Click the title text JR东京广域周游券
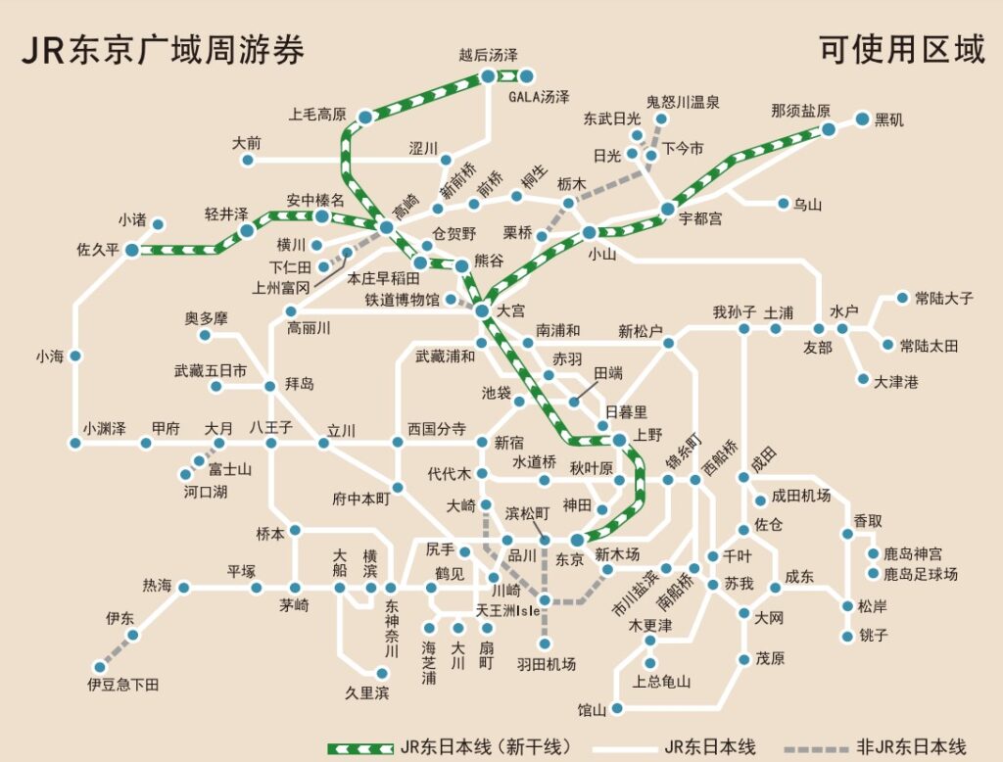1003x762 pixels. coord(163,50)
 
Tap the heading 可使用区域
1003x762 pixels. coord(902,50)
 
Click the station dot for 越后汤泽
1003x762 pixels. coord(489,74)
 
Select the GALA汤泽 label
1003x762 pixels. coord(539,97)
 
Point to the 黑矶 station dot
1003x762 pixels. coord(862,119)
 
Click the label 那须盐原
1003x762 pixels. coord(800,110)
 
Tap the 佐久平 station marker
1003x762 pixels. coord(131,250)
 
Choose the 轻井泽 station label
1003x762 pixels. coord(226,214)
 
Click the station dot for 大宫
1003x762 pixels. coord(482,310)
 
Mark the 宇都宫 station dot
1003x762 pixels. coord(667,209)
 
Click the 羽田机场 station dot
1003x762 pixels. coord(546,643)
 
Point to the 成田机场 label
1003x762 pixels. coord(800,496)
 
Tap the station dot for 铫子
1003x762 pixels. coord(848,636)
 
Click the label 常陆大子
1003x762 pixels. coord(943,298)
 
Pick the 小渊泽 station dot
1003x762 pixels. coord(75,444)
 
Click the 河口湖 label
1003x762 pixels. coord(206,492)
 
